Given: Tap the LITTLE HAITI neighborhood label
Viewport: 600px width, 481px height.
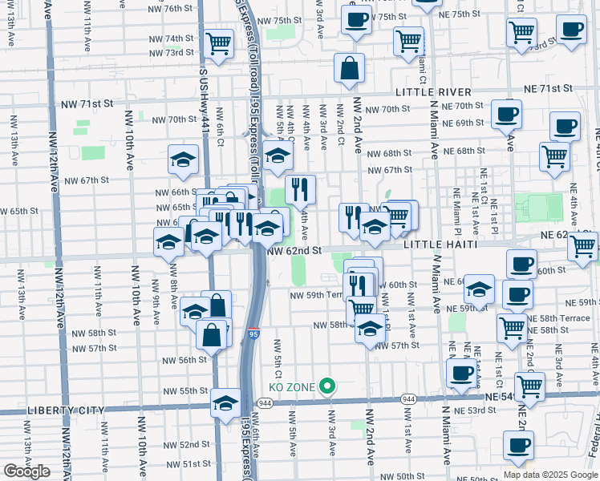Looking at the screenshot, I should (x=440, y=244).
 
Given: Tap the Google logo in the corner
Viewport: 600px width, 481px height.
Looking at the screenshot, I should (x=26, y=471).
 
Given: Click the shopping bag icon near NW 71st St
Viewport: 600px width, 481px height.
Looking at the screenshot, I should (x=350, y=69).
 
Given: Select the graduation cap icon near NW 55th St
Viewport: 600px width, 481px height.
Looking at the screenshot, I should (x=226, y=402).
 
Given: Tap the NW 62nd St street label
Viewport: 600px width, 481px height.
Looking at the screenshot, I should (x=294, y=250).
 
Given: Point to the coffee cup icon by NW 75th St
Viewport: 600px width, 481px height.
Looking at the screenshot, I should (x=356, y=19).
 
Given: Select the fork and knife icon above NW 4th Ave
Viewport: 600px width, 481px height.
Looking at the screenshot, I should (x=300, y=189).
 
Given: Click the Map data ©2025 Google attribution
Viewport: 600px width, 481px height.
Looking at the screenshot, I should (x=550, y=474).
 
